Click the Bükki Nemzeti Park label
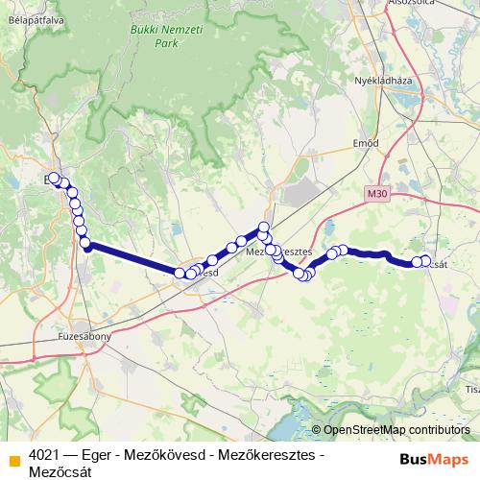153,36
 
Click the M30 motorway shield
377,193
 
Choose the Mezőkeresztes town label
281,252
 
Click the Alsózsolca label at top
414,4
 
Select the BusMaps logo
434,457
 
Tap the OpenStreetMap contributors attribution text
396,430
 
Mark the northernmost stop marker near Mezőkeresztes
264,228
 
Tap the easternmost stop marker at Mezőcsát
425,261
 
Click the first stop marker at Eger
54,179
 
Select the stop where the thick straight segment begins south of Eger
85,244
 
